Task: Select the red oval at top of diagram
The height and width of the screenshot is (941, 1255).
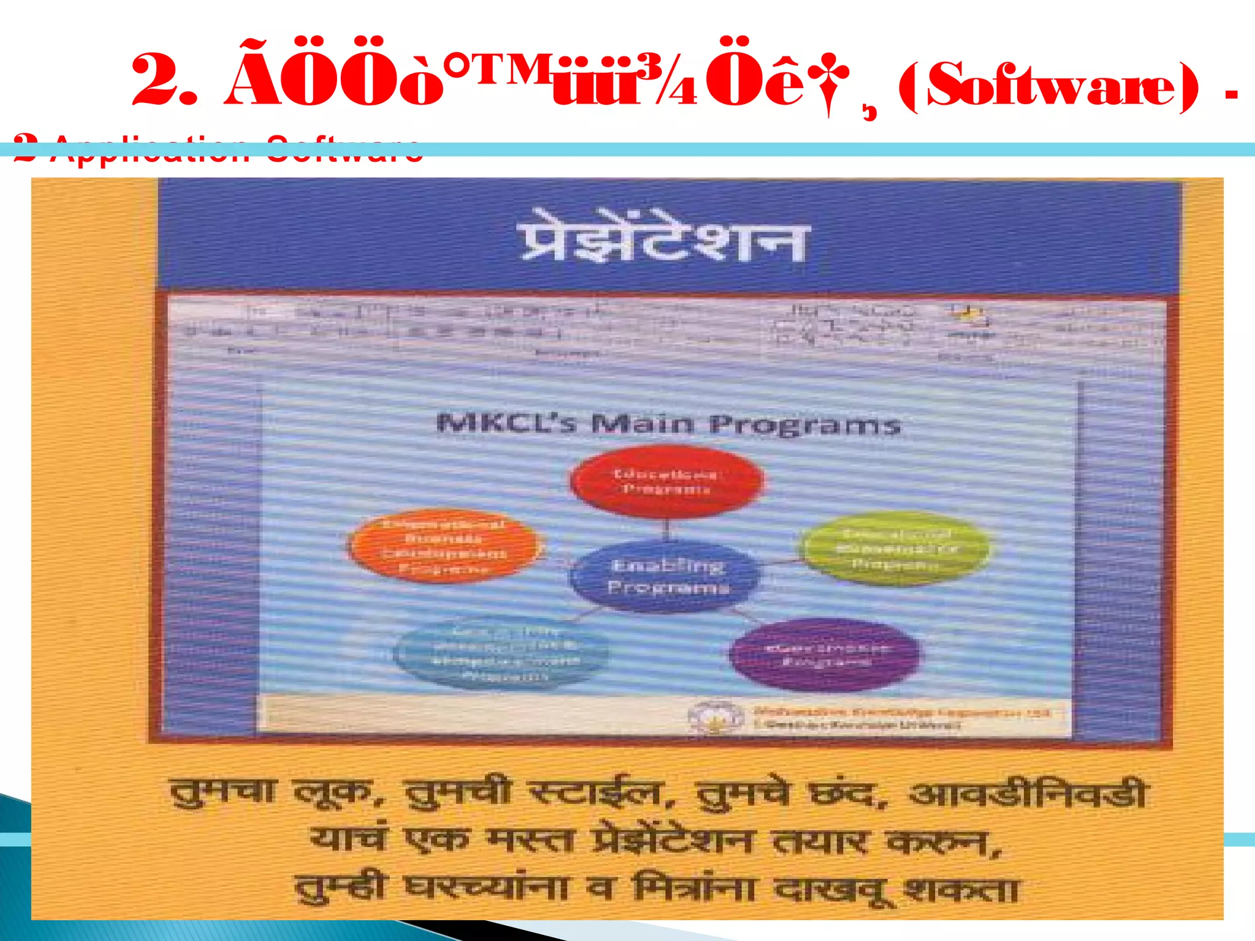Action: pos(666,482)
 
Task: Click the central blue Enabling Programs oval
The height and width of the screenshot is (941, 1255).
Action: pos(667,576)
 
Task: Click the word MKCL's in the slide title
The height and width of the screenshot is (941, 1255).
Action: pos(506,423)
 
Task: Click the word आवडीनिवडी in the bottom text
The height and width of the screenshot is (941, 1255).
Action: pos(1027,795)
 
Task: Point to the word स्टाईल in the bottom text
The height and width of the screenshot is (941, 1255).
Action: pos(596,793)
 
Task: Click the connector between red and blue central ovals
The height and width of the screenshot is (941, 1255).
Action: pos(667,528)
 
